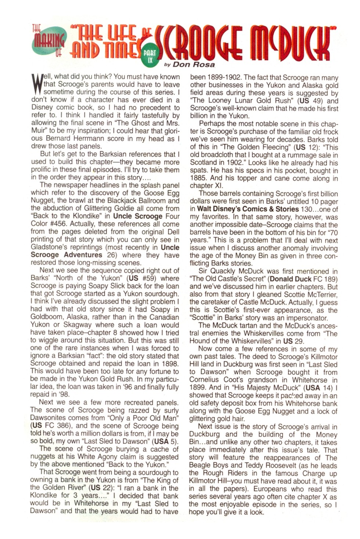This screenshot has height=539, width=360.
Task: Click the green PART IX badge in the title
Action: coord(150,56)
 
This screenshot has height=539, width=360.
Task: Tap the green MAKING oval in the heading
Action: coord(48,43)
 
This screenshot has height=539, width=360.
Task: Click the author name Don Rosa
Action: coord(194,65)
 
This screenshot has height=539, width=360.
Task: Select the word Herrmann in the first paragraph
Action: coord(104,138)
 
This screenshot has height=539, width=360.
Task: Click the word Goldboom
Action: coord(47,317)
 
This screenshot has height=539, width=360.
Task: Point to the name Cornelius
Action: coord(207,380)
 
